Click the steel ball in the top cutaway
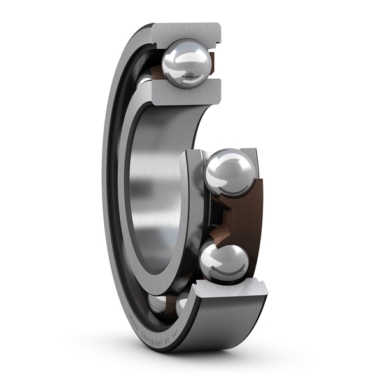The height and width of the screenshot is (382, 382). (185, 62)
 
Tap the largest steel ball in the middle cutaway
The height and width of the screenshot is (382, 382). (229, 172)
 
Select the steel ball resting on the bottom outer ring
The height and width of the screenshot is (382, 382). (224, 262)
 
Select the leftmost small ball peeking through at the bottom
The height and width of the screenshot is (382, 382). (157, 303)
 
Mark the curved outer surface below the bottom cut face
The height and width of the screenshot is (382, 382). (223, 325)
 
